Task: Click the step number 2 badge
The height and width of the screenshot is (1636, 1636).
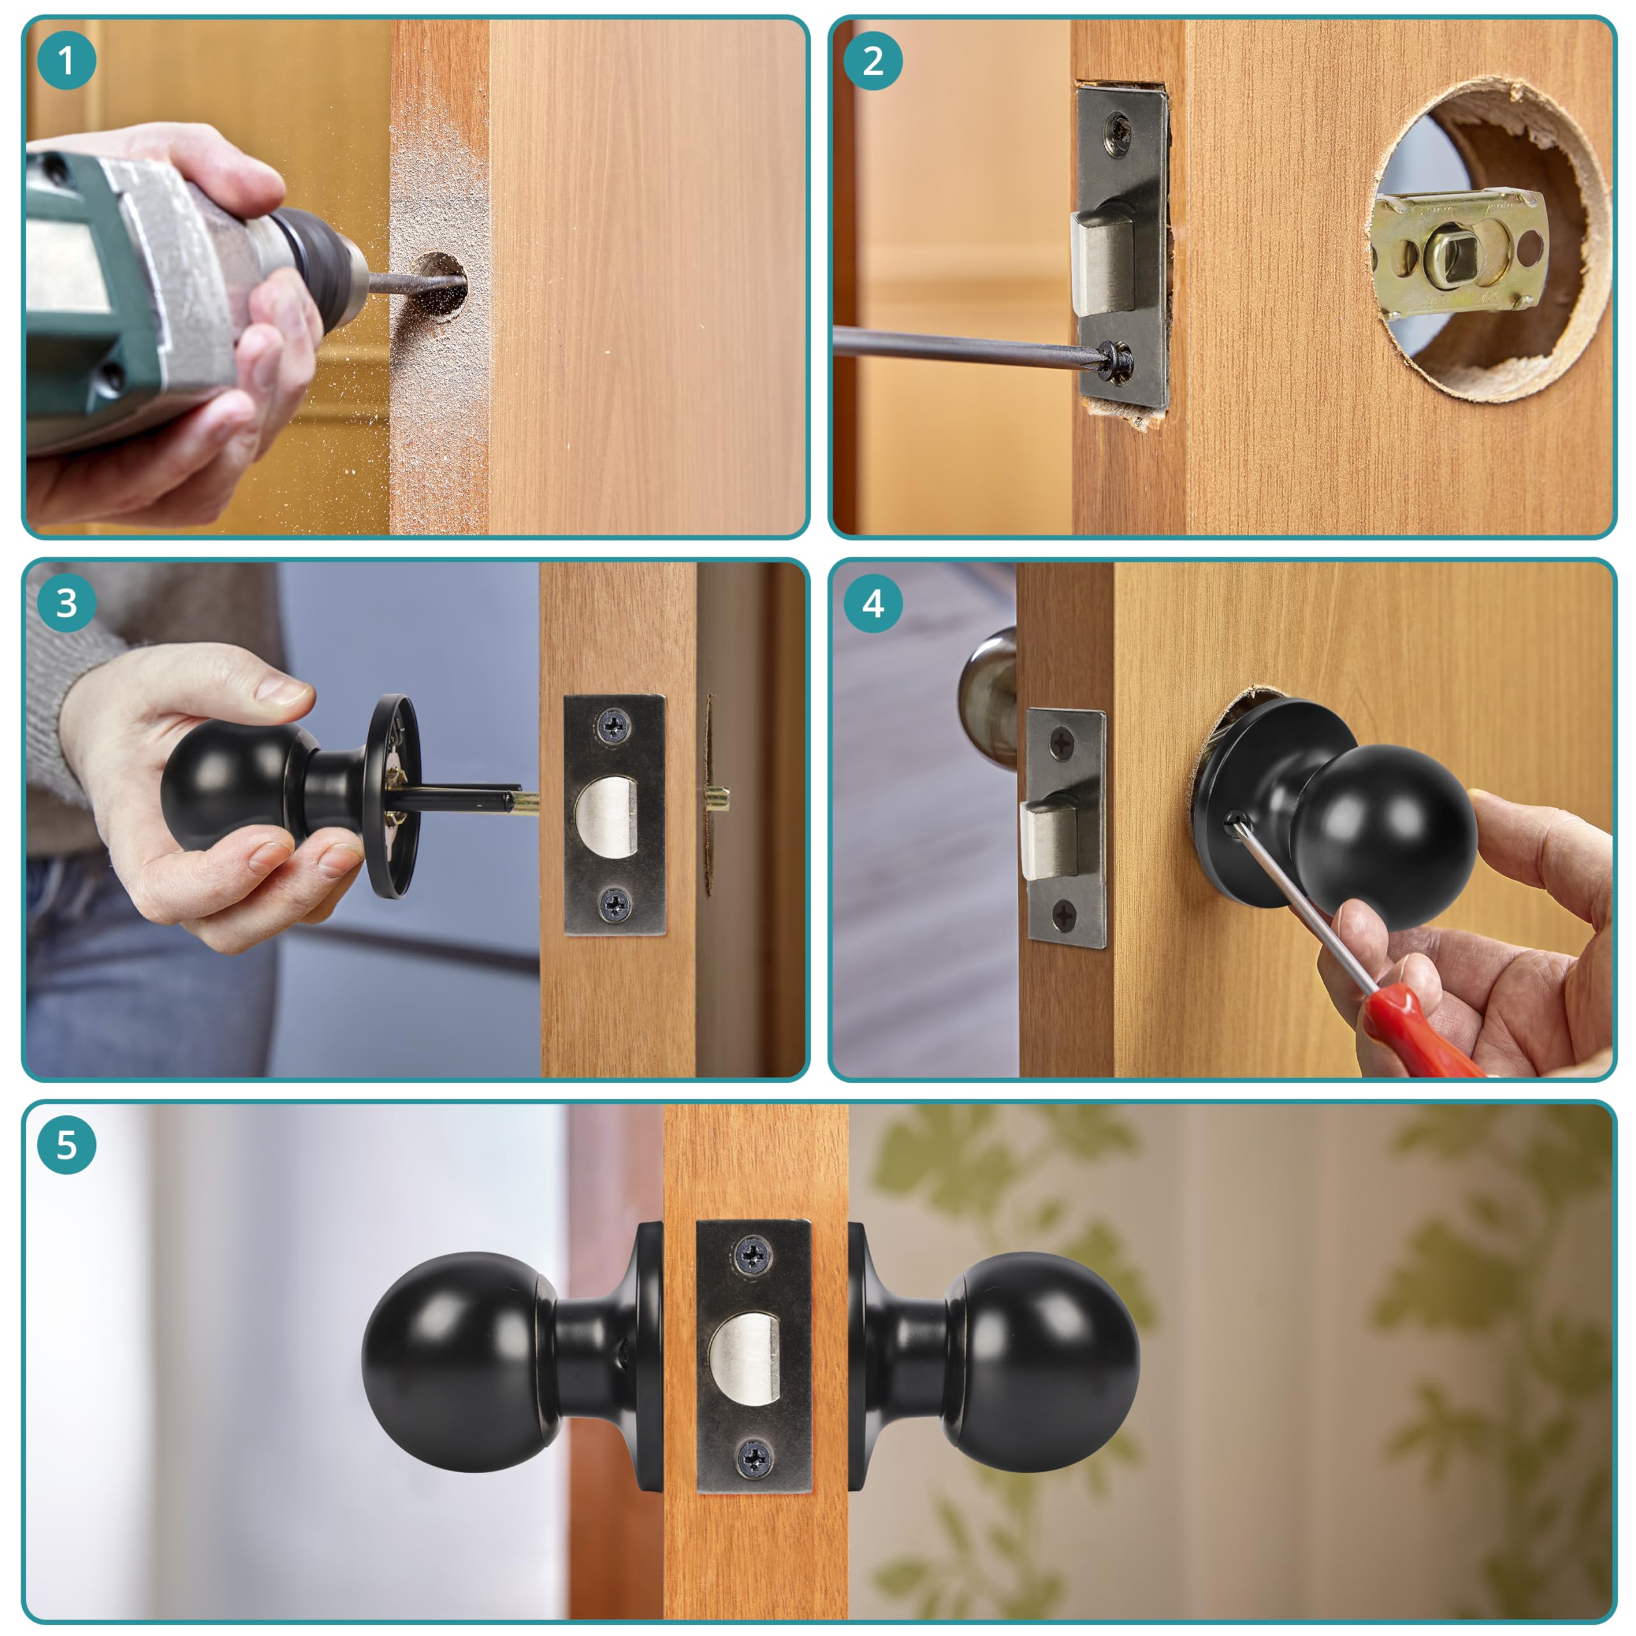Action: pos(873,61)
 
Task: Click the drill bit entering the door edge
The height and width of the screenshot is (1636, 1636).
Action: pos(417,282)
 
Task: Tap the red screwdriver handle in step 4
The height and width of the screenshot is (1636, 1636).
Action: pos(1422,1031)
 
